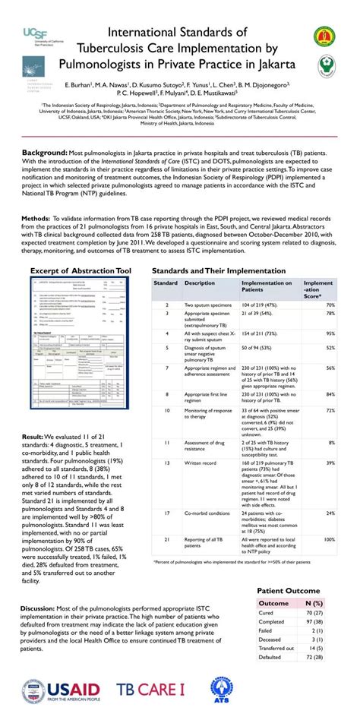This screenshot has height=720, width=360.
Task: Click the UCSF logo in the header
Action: (x=47, y=34)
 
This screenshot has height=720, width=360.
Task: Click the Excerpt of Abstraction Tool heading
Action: (x=81, y=270)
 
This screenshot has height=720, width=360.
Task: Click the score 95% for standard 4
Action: (x=330, y=333)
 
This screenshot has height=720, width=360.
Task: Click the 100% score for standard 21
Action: (x=329, y=539)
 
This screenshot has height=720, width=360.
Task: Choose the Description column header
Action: (x=200, y=283)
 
